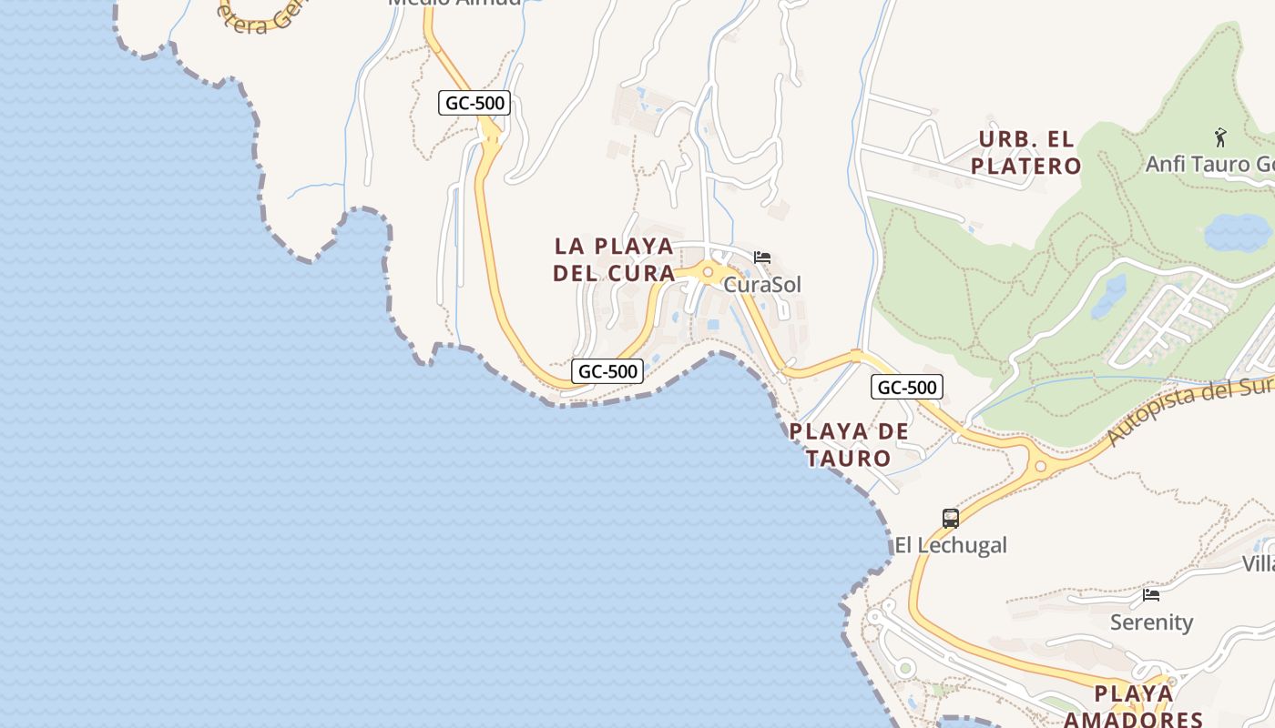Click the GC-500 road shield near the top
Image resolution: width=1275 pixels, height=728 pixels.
pyautogui.click(x=474, y=103)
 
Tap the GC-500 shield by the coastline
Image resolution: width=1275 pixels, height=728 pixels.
pyautogui.click(x=607, y=371)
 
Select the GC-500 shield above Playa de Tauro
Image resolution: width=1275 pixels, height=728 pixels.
pyautogui.click(x=907, y=387)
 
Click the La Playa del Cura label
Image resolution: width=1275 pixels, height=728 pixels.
pyautogui.click(x=614, y=259)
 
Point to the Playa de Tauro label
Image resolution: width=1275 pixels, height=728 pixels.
pyautogui.click(x=849, y=444)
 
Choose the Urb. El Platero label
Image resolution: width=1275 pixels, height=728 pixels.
pyautogui.click(x=1026, y=153)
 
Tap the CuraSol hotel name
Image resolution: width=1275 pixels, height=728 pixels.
pyautogui.click(x=762, y=285)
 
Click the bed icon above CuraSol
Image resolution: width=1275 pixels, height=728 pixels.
pyautogui.click(x=762, y=258)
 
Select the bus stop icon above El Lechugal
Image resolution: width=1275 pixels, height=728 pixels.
pyautogui.click(x=951, y=519)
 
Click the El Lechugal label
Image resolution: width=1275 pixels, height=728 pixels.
pyautogui.click(x=951, y=545)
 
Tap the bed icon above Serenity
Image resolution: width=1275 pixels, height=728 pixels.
pyautogui.click(x=1151, y=595)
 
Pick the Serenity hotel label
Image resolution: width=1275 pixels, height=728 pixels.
pyautogui.click(x=1151, y=622)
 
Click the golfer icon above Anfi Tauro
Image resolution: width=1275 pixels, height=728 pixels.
pyautogui.click(x=1220, y=137)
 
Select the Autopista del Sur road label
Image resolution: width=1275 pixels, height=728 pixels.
pyautogui.click(x=1188, y=411)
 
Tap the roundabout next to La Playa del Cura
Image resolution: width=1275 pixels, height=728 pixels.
pyautogui.click(x=708, y=271)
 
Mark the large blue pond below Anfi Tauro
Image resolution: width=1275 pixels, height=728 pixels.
pyautogui.click(x=1238, y=233)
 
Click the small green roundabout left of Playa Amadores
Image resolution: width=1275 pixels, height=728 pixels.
pyautogui.click(x=904, y=669)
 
